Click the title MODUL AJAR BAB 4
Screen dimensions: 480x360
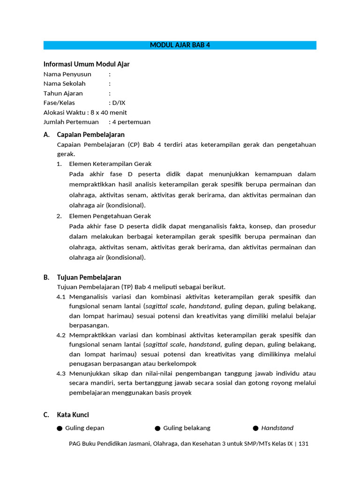click(180, 45)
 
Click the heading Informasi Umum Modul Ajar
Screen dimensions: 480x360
click(86, 64)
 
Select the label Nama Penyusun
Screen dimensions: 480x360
click(67, 74)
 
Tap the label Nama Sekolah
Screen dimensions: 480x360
click(66, 84)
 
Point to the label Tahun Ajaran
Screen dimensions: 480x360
click(63, 93)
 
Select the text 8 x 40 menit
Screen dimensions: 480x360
click(109, 112)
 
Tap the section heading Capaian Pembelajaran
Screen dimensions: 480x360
click(90, 135)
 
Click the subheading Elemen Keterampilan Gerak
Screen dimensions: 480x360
click(110, 164)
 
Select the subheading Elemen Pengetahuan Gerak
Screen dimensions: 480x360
click(110, 216)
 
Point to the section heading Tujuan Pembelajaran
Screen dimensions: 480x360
click(89, 277)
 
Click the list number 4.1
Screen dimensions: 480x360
click(61, 297)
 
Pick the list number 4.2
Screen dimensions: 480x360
click(61, 335)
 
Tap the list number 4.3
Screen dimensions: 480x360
click(61, 374)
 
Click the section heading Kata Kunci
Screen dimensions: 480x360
click(73, 415)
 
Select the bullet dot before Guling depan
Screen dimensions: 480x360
click(60, 428)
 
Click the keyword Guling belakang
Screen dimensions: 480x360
click(187, 428)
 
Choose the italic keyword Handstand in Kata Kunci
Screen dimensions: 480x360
click(277, 428)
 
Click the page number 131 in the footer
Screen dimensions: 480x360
click(303, 443)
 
